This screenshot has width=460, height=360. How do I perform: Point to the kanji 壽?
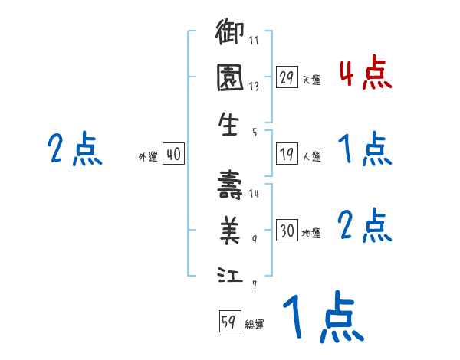point(229,185)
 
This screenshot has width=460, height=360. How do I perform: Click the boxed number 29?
point(287,77)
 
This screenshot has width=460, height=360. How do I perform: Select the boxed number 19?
point(287,154)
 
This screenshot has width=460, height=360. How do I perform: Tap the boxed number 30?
point(287,231)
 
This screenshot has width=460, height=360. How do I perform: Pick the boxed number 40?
point(173,154)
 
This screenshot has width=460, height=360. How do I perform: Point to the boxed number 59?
point(228,322)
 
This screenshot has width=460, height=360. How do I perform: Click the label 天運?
point(311,80)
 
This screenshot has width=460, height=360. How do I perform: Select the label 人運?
point(311,156)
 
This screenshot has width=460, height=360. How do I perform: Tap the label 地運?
point(311,233)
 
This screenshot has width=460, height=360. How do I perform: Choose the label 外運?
point(148,156)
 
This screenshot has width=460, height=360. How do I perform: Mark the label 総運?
point(254,324)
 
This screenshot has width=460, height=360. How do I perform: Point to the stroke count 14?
point(255,194)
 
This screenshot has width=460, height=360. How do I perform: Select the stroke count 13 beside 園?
point(255,87)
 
